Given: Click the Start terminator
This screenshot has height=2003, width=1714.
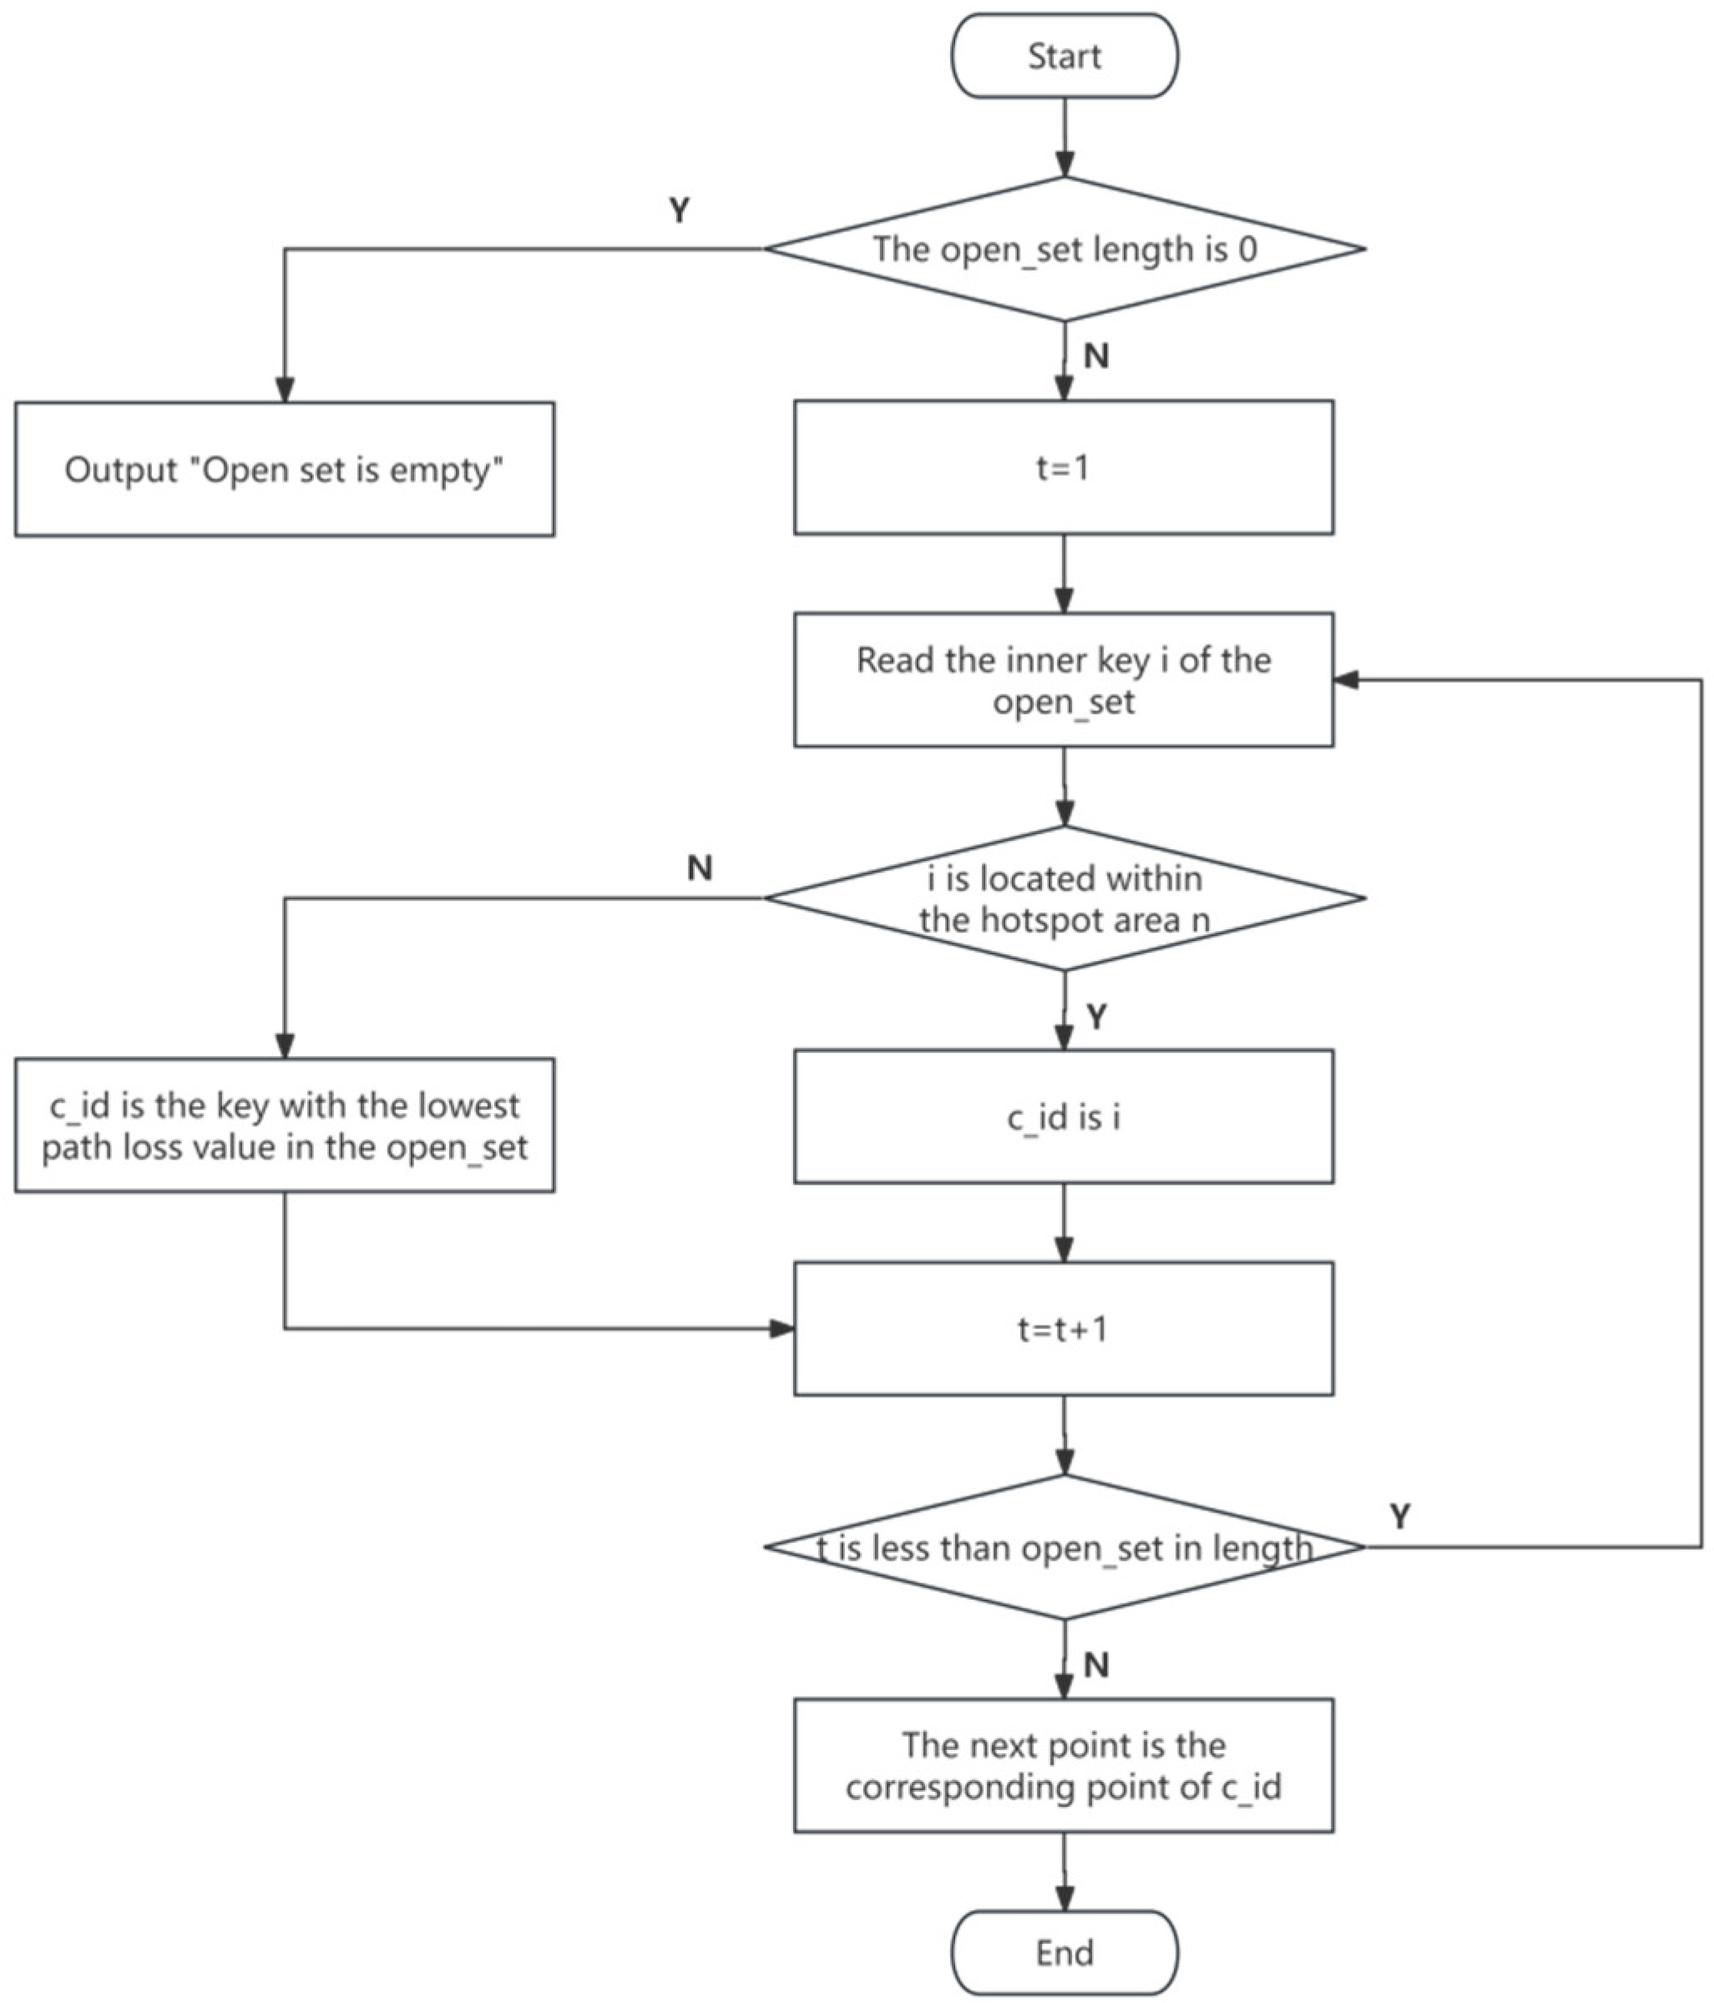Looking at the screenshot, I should pos(1064,56).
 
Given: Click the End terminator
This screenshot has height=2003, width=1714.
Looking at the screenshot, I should pos(1064,1952).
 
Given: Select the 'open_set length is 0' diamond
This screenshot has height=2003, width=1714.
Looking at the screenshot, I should pos(1064,250).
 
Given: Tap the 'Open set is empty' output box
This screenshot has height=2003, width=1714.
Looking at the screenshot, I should pos(284,470).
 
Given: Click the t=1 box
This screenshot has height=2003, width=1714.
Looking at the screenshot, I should pos(1064,468).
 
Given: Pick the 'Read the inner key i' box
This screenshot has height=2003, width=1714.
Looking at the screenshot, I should pos(1064,680).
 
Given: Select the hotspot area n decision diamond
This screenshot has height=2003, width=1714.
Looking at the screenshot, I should pos(1064,898).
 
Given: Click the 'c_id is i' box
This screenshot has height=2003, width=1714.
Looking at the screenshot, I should pos(1064,1117).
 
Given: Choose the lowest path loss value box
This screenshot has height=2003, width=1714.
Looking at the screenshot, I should pos(284,1126).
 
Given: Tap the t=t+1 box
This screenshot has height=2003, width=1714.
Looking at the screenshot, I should pos(1064,1329).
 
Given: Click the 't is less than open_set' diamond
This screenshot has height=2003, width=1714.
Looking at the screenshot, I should pos(1064,1548).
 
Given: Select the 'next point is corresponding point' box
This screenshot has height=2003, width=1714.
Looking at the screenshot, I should pos(1064,1766).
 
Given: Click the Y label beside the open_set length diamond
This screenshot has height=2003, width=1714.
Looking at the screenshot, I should pos(680,210).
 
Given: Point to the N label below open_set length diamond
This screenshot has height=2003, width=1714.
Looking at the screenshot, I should pos(1095,356).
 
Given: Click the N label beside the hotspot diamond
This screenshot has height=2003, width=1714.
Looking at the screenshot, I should pos(700,868).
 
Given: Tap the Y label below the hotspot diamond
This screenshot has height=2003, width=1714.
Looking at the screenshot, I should pos(1095,1017).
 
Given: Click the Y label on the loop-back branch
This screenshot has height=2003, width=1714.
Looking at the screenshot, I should pos(1399,1515).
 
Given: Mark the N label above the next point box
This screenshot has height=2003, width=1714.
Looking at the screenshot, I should pos(1095,1665).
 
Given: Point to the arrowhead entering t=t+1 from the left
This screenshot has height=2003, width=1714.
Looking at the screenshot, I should pos(782,1329).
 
